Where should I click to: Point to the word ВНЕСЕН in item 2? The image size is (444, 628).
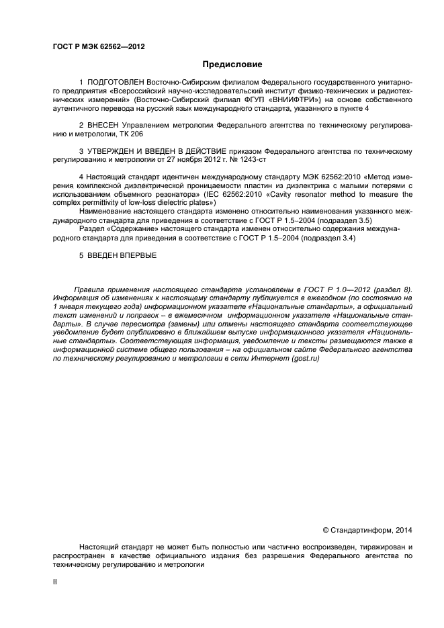[103, 126]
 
